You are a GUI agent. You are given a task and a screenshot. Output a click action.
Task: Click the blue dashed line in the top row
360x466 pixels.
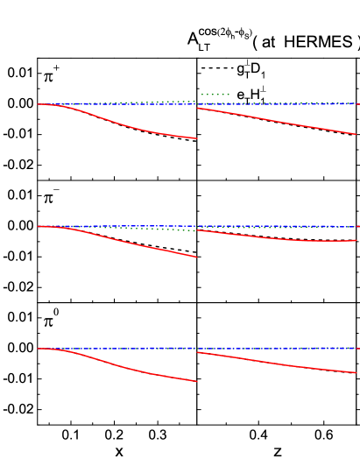(263, 103)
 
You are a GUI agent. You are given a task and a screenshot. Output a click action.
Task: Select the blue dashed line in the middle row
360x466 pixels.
(263, 226)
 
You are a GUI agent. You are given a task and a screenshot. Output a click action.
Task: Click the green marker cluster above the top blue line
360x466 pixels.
(215, 94)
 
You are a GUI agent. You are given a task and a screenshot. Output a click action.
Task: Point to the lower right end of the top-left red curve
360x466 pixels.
(196, 138)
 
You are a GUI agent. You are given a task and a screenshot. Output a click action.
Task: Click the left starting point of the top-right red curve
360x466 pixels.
(198, 108)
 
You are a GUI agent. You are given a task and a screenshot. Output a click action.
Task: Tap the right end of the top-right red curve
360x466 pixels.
(356, 134)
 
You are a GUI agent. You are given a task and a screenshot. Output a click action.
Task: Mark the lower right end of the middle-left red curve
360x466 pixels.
(196, 257)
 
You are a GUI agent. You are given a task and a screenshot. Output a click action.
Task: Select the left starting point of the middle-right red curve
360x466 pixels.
(198, 229)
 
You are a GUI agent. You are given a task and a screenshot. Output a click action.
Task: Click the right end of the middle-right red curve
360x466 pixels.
(356, 240)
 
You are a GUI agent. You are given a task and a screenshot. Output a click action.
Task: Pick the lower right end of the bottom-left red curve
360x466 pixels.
(196, 381)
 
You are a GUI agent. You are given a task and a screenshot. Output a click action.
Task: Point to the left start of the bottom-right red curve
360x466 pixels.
(198, 352)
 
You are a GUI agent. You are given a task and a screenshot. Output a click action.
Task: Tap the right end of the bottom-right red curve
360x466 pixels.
(356, 372)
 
